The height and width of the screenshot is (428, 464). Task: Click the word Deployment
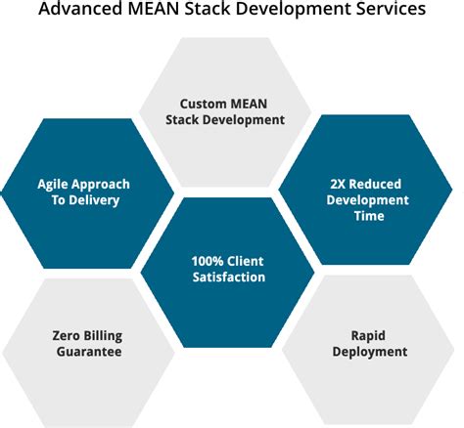coord(370,351)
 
